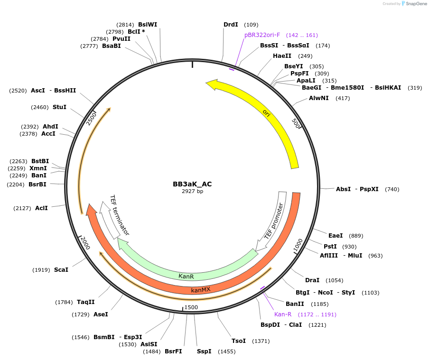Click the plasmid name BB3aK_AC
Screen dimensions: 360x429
click(192, 184)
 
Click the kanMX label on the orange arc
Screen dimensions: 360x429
click(200, 289)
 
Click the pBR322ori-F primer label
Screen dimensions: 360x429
click(262, 35)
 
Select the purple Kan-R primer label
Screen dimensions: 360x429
click(283, 314)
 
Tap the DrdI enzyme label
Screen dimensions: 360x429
click(231, 24)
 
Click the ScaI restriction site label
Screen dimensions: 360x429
click(61, 269)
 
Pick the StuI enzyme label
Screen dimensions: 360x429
click(59, 107)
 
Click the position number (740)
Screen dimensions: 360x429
click(392, 189)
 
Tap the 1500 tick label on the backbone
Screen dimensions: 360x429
click(191, 307)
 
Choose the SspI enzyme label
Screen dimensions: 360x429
click(204, 351)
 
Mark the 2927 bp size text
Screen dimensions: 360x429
click(192, 191)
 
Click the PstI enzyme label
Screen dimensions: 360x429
click(330, 247)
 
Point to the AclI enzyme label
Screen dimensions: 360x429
click(42, 208)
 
